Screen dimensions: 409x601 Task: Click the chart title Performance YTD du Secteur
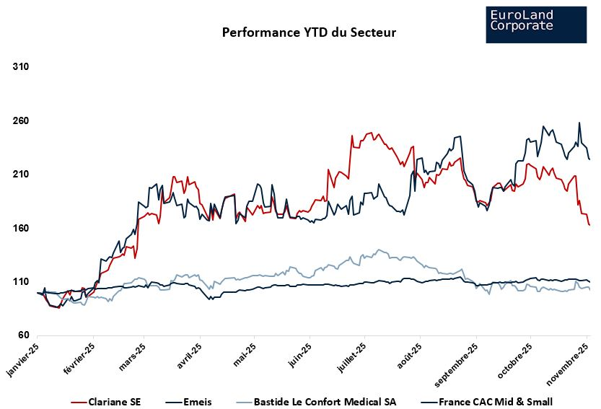[309, 32]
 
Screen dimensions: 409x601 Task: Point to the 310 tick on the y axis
[21, 67]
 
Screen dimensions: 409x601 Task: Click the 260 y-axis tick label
[21, 121]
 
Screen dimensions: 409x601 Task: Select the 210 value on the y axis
[21, 175]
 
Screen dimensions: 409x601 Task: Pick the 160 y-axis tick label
[21, 229]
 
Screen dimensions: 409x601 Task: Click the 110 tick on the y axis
[21, 282]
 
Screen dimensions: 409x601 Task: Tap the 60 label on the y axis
[23, 335]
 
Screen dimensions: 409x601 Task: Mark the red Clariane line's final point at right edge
[589, 225]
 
